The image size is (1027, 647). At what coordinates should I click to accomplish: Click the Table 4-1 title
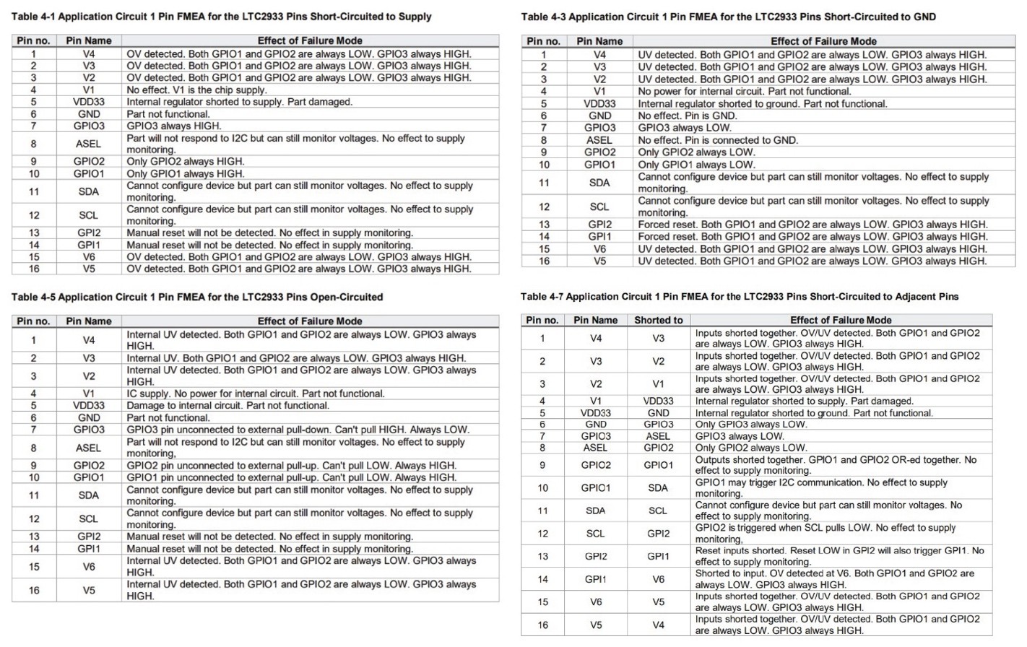pyautogui.click(x=222, y=17)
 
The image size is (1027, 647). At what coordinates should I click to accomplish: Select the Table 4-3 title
pyautogui.click(x=728, y=17)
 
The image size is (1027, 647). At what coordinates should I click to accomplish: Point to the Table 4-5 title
pyautogui.click(x=197, y=297)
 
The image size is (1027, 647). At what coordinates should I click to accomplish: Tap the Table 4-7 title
pyautogui.click(x=740, y=296)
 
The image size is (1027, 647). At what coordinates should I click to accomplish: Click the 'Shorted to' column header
pyautogui.click(x=658, y=320)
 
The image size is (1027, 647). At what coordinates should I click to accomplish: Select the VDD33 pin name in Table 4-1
pyautogui.click(x=89, y=102)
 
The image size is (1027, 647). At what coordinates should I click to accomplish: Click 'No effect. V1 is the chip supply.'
pyautogui.click(x=196, y=90)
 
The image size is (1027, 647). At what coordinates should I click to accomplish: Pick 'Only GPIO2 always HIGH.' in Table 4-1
pyautogui.click(x=186, y=161)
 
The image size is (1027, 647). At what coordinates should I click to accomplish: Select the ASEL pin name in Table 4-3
pyautogui.click(x=599, y=140)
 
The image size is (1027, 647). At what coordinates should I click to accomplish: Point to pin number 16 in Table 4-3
pyautogui.click(x=543, y=261)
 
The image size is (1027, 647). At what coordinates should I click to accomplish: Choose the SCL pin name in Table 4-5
pyautogui.click(x=89, y=518)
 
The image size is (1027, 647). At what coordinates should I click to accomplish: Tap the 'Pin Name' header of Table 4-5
pyautogui.click(x=89, y=321)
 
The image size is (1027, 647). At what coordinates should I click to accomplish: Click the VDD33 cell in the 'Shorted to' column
pyautogui.click(x=658, y=401)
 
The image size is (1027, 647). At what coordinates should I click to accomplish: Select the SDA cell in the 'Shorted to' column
pyautogui.click(x=658, y=487)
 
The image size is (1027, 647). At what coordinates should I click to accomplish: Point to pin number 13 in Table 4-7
pyautogui.click(x=542, y=556)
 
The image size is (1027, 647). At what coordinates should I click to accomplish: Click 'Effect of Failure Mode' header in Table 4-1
pyautogui.click(x=310, y=40)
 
